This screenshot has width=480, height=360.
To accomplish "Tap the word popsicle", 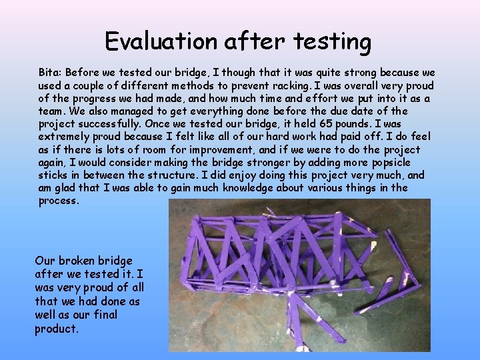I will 390,163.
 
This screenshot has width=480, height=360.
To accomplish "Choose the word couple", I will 87,85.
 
